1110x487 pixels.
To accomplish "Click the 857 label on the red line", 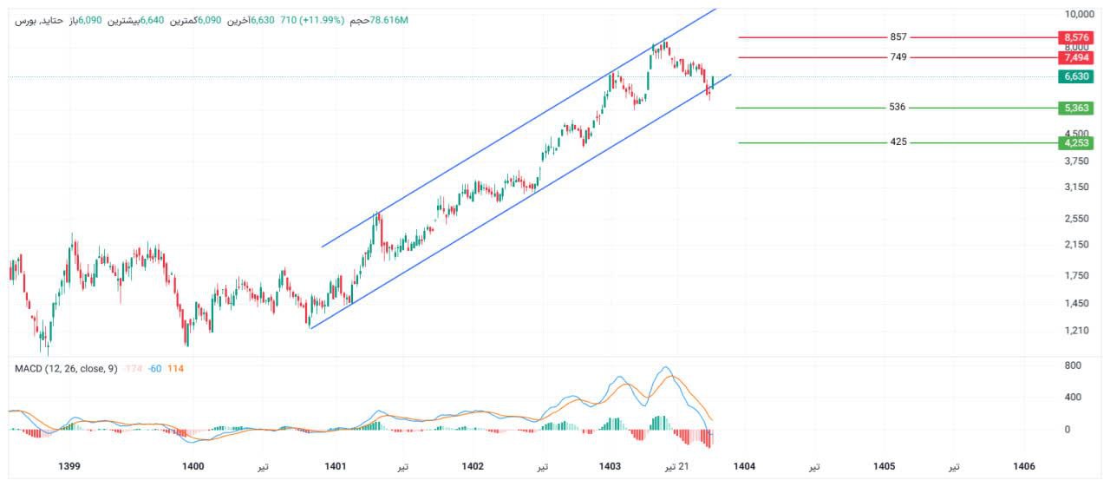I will click(898, 37).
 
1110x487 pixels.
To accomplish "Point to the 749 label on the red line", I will click(898, 57).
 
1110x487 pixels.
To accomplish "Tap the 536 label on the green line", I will click(897, 108).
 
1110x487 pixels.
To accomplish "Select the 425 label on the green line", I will click(898, 142).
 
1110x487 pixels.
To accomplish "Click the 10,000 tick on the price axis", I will click(1077, 15).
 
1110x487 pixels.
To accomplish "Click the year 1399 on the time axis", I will click(69, 466).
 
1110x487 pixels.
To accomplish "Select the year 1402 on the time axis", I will click(473, 466).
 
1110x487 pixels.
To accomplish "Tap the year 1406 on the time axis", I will click(1024, 466).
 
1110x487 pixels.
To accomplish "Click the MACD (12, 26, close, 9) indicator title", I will click(66, 369).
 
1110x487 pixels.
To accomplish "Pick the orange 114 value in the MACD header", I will click(175, 369).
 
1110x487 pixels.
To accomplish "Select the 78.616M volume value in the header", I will click(389, 20).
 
